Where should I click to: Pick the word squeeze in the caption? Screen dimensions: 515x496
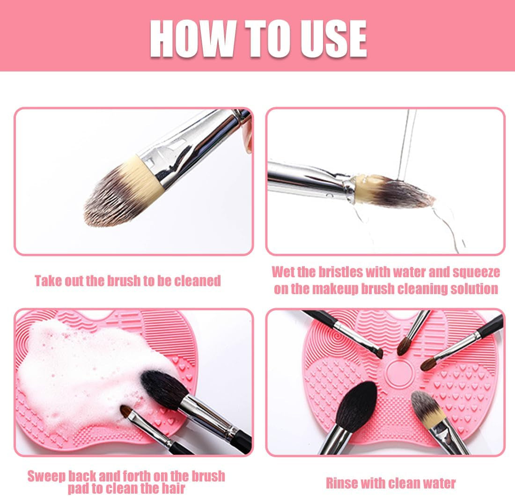[x=476, y=273]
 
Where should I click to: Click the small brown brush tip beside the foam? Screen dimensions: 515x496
[x=126, y=412]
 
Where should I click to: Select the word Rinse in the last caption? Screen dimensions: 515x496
[x=341, y=483]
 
